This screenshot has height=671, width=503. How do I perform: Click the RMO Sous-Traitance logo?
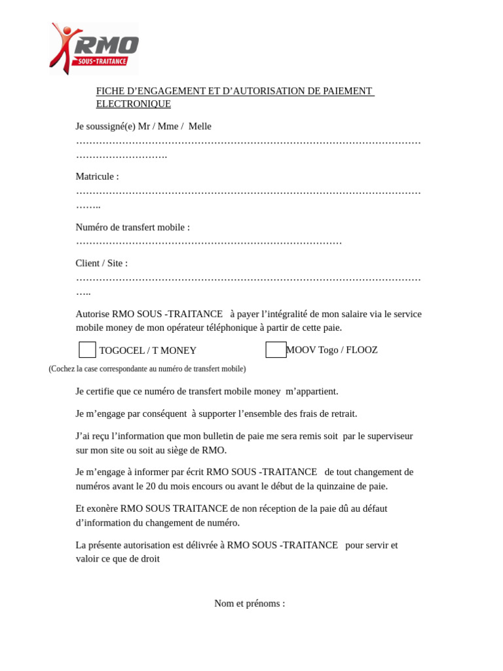pos(94,48)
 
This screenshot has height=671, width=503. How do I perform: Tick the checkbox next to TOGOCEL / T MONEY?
pos(87,350)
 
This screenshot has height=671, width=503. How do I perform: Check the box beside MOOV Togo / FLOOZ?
pos(276,350)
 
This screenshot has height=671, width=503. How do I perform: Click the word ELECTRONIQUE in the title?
pos(134,104)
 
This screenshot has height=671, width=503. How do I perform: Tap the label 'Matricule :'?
pos(98,177)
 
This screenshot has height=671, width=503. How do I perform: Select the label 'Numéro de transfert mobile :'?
pos(133,227)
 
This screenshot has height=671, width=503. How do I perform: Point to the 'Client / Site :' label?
pos(102,263)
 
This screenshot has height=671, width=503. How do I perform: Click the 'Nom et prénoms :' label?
pos(250,604)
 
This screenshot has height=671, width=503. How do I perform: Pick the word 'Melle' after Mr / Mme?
pos(200,126)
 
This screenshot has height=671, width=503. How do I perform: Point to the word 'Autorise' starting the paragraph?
pos(93,314)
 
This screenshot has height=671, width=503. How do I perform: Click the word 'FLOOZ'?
pos(362,350)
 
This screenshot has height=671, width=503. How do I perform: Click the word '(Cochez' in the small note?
pos(62,369)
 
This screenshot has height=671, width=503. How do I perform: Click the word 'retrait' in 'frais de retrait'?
pos(341,413)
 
